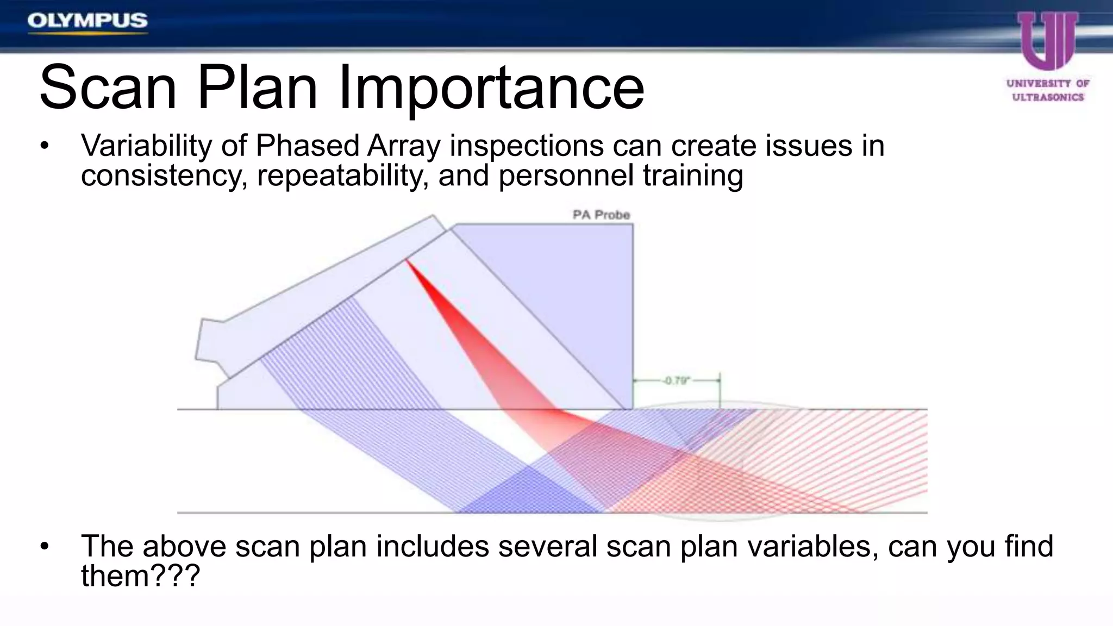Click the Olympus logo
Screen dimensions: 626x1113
(x=87, y=21)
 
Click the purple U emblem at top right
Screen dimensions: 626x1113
(x=1047, y=41)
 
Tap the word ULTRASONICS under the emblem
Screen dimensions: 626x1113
(x=1048, y=97)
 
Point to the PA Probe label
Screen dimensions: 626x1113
(x=601, y=215)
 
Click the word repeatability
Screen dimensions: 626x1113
(x=340, y=176)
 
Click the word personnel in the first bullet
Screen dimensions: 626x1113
(x=566, y=176)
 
